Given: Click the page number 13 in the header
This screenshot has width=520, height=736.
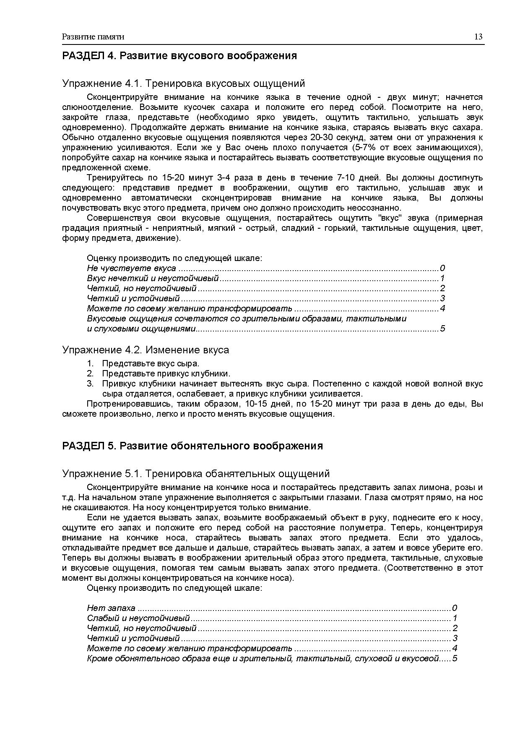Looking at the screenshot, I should click(x=478, y=37).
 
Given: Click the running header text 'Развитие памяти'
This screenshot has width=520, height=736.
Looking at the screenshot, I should click(x=93, y=37).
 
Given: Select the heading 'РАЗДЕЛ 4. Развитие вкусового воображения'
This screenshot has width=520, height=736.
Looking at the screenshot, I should click(x=179, y=56).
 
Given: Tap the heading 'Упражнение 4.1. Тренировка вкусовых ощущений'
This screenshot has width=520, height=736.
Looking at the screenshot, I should click(x=183, y=84).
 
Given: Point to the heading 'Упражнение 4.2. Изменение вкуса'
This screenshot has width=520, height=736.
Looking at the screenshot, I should click(x=146, y=350).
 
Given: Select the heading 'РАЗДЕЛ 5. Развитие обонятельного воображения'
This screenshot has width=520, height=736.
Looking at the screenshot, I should click(x=192, y=446).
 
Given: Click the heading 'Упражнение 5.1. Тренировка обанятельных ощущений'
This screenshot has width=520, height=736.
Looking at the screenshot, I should click(x=196, y=474).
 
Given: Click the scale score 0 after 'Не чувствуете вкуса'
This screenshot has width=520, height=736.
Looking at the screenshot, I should click(x=442, y=269).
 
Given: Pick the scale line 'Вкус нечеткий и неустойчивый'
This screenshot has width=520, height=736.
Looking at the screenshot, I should click(x=153, y=279).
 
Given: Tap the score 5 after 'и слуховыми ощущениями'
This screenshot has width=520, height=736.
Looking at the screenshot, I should click(x=442, y=329).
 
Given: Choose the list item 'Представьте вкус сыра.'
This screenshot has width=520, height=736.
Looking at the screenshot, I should click(x=151, y=363).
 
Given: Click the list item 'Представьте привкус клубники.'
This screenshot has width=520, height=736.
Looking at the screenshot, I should click(x=166, y=373).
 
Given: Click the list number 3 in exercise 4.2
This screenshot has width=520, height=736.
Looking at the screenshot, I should click(x=90, y=384).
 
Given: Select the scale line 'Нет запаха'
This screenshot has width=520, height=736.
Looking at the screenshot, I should click(x=111, y=608).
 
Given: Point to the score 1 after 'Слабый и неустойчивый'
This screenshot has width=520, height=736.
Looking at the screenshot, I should click(x=455, y=618).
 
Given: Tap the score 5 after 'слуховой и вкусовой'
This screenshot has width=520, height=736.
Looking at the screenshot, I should click(x=455, y=658).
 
